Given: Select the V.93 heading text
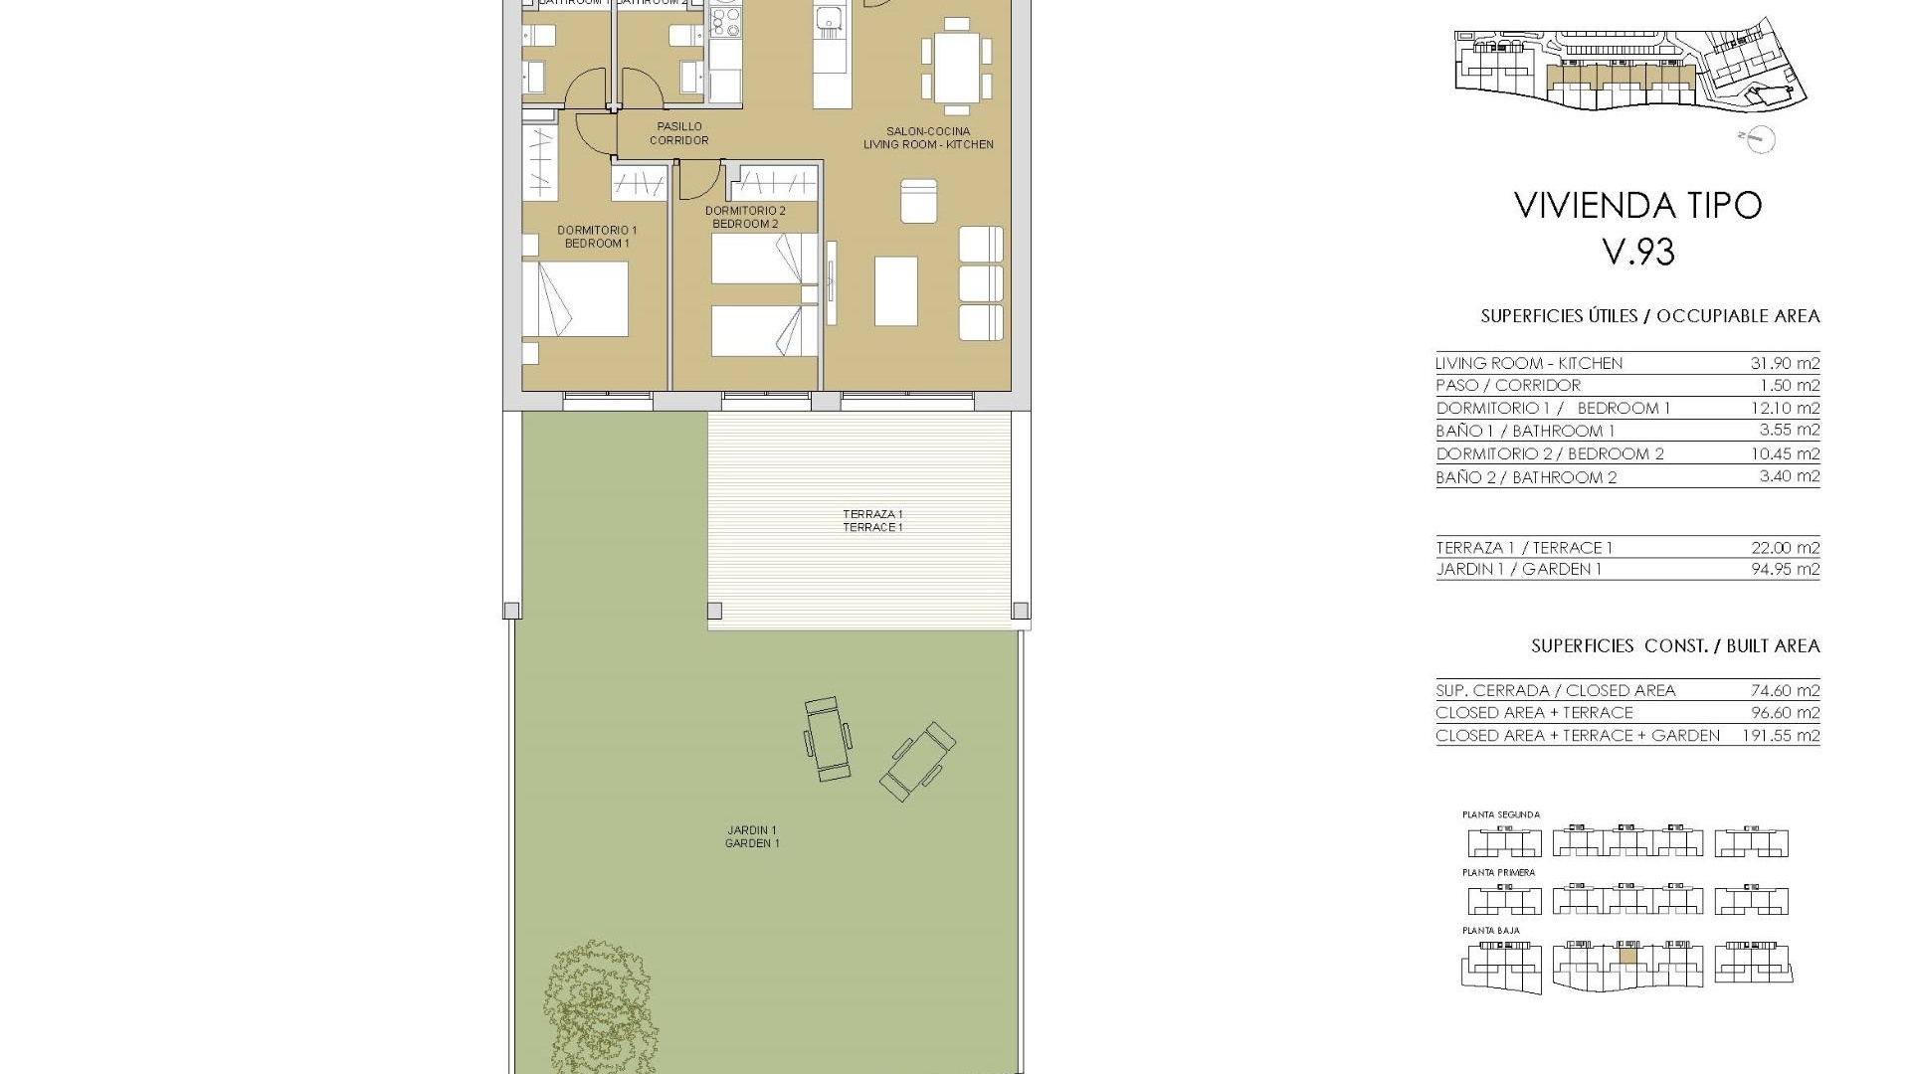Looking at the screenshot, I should tap(1638, 252).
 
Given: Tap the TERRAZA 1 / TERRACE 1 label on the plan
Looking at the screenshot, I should tap(872, 521).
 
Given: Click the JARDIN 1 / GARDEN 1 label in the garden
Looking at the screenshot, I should tap(752, 836).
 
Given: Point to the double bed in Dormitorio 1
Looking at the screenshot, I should tap(576, 298).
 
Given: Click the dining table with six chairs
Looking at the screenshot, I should tap(957, 67).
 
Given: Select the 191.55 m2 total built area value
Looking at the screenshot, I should tap(1781, 736).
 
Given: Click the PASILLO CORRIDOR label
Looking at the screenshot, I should tap(679, 133).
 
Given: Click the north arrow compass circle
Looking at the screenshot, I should tap(1761, 140).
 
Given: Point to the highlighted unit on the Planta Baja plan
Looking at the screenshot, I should tap(1627, 956).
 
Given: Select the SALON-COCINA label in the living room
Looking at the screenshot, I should tap(928, 131).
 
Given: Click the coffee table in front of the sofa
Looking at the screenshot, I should tap(895, 290).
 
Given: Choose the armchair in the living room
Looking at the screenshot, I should tap(919, 201).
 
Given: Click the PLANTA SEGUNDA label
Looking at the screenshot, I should tap(1501, 814).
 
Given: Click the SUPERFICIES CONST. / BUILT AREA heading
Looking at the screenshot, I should tap(1675, 646).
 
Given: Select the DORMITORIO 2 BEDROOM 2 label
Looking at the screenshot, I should tap(745, 217).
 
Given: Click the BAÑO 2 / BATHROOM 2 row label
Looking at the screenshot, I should tap(1526, 478).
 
